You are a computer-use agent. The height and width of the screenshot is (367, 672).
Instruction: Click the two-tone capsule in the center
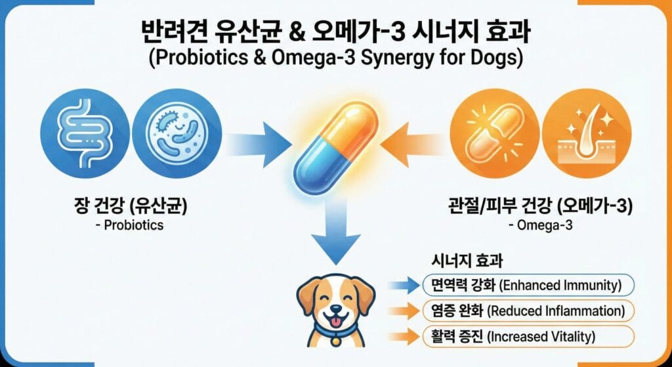(337, 138)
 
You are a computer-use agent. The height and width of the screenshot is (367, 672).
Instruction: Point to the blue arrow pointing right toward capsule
(258, 144)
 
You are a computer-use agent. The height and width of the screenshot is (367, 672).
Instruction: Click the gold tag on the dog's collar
(336, 341)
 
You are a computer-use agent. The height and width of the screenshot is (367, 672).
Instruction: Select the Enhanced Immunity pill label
(528, 285)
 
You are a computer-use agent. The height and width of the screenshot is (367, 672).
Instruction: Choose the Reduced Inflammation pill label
(528, 311)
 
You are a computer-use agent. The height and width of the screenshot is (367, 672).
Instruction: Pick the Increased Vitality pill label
(528, 336)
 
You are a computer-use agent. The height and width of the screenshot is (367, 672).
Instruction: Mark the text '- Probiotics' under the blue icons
(131, 225)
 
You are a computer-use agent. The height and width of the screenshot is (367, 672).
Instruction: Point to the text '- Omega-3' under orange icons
(541, 225)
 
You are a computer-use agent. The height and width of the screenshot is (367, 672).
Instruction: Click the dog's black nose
(336, 309)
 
